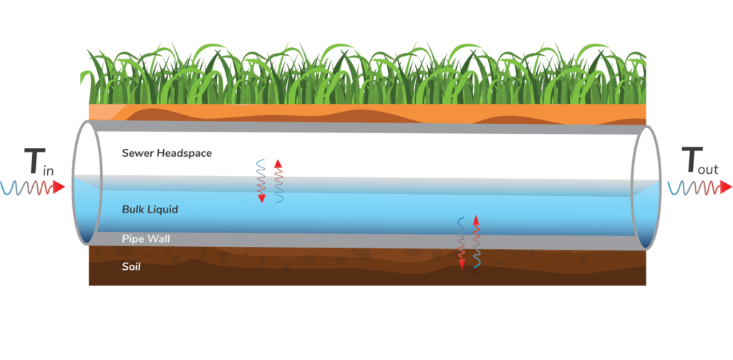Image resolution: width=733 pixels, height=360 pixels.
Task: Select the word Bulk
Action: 132,210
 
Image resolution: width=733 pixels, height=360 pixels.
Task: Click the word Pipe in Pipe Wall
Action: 132,238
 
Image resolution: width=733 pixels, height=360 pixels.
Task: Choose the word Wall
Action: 158,238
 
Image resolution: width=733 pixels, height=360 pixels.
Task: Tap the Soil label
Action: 131,267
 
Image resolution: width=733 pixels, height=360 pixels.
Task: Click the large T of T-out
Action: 690,161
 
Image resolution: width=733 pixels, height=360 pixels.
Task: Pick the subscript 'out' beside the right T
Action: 711,170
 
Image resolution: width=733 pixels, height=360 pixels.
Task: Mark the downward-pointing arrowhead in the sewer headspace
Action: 262,198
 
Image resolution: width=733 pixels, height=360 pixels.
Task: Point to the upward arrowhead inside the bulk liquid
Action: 476,219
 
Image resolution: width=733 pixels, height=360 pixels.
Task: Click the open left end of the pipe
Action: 84,185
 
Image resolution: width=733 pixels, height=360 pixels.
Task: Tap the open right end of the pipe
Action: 646,188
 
